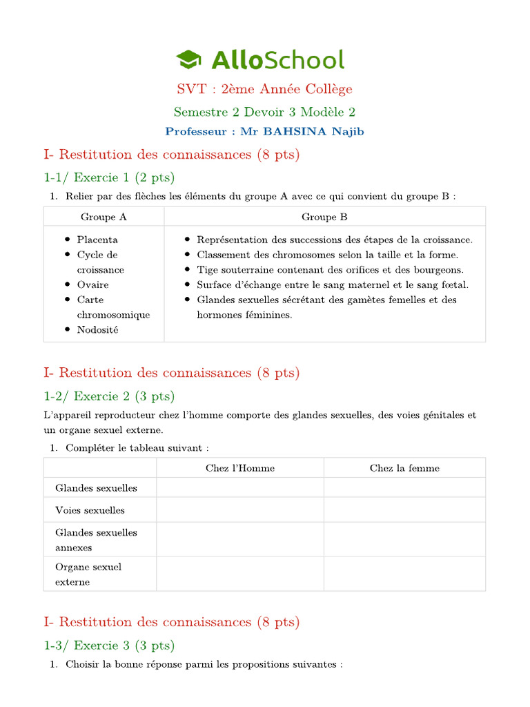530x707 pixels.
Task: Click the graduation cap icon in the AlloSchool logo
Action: click(x=188, y=60)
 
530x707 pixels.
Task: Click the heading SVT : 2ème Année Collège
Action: click(x=264, y=89)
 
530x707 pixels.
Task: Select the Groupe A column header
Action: click(x=104, y=217)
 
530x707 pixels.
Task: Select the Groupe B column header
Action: click(x=324, y=217)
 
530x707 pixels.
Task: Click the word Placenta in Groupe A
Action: click(x=97, y=240)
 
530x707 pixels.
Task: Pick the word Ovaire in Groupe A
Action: click(x=92, y=284)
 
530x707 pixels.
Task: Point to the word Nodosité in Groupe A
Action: click(x=97, y=329)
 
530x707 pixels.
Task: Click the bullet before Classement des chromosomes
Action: click(x=188, y=255)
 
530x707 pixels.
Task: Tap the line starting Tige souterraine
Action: click(x=330, y=269)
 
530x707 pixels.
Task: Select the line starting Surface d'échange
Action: click(x=332, y=284)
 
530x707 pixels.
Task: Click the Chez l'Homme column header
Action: click(x=240, y=468)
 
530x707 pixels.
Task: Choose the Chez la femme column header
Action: click(x=404, y=468)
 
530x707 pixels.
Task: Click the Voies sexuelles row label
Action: click(x=90, y=510)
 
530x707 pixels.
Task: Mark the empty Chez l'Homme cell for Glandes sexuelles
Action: click(x=240, y=488)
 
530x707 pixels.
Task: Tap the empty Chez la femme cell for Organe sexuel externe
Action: click(x=404, y=574)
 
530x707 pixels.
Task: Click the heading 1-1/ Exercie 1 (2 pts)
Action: click(x=109, y=178)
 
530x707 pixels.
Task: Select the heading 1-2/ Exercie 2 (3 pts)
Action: click(x=109, y=396)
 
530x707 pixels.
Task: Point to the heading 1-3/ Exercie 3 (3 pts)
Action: click(x=109, y=646)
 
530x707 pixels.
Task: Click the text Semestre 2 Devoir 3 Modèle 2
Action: click(x=264, y=112)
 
